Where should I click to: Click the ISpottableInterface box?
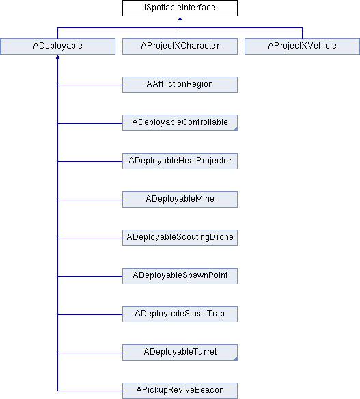[x=180, y=8]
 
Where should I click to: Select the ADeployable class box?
[x=58, y=46]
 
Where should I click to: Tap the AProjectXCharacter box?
[x=180, y=46]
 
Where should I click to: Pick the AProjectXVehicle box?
[x=302, y=46]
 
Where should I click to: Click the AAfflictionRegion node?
[x=180, y=85]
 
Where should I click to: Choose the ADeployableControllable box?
[x=180, y=123]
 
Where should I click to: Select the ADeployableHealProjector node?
[x=180, y=161]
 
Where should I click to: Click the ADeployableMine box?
[x=180, y=199]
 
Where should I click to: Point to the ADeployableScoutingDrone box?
[x=180, y=238]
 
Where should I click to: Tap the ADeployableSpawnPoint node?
[x=180, y=276]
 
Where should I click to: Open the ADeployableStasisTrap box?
[x=180, y=314]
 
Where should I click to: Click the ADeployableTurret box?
[x=180, y=353]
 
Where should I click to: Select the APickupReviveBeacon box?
[x=180, y=391]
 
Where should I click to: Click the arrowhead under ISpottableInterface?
[x=180, y=18]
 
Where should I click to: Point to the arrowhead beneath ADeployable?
[x=58, y=57]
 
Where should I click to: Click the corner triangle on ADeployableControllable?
[x=236, y=129]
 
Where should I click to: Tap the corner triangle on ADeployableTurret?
[x=236, y=359]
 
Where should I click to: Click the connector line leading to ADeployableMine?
[x=90, y=199]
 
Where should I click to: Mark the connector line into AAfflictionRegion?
[x=90, y=85]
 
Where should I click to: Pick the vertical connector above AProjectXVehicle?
[x=302, y=33]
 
